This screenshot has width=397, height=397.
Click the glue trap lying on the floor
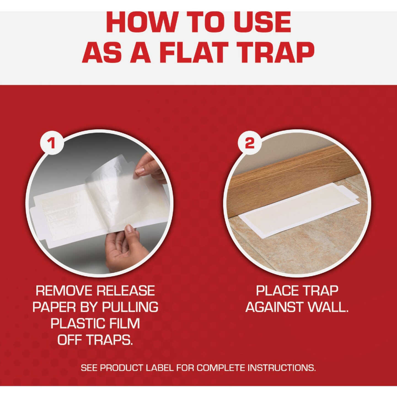coord(298,210)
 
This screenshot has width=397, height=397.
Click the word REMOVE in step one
coord(64,291)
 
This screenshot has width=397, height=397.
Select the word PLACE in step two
coord(275,291)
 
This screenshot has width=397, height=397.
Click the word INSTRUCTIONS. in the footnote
coord(281,368)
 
